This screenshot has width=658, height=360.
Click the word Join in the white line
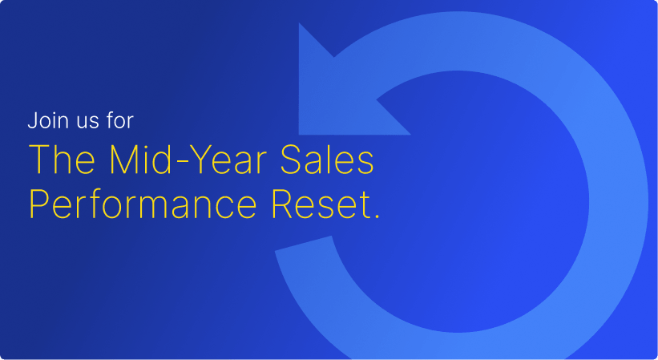point(45,122)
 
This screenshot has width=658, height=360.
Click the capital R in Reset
point(283,204)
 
